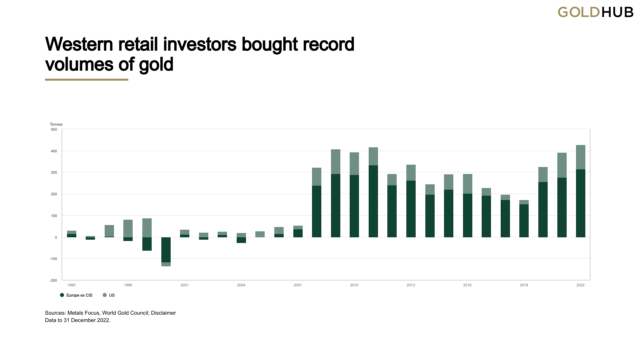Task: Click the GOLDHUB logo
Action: coord(595,12)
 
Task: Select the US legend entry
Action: coord(111,295)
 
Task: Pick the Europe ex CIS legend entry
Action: coord(79,295)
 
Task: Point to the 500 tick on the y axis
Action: coord(54,129)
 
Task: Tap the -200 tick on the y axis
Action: coord(53,280)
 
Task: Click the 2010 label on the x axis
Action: coord(354,285)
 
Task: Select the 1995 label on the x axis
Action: coord(71,285)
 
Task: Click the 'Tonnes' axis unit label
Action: coord(56,124)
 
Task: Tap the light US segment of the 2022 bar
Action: coord(580,157)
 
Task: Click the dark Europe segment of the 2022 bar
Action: coord(580,203)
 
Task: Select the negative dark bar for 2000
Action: coord(166,250)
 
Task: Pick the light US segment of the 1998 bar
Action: coord(128,228)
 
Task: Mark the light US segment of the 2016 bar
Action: coord(467,184)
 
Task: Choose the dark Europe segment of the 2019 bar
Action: coord(524,221)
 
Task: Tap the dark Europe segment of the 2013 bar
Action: coord(411,209)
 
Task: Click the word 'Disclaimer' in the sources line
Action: coord(163,313)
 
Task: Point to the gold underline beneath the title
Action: coord(87,80)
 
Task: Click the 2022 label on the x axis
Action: coord(580,285)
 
